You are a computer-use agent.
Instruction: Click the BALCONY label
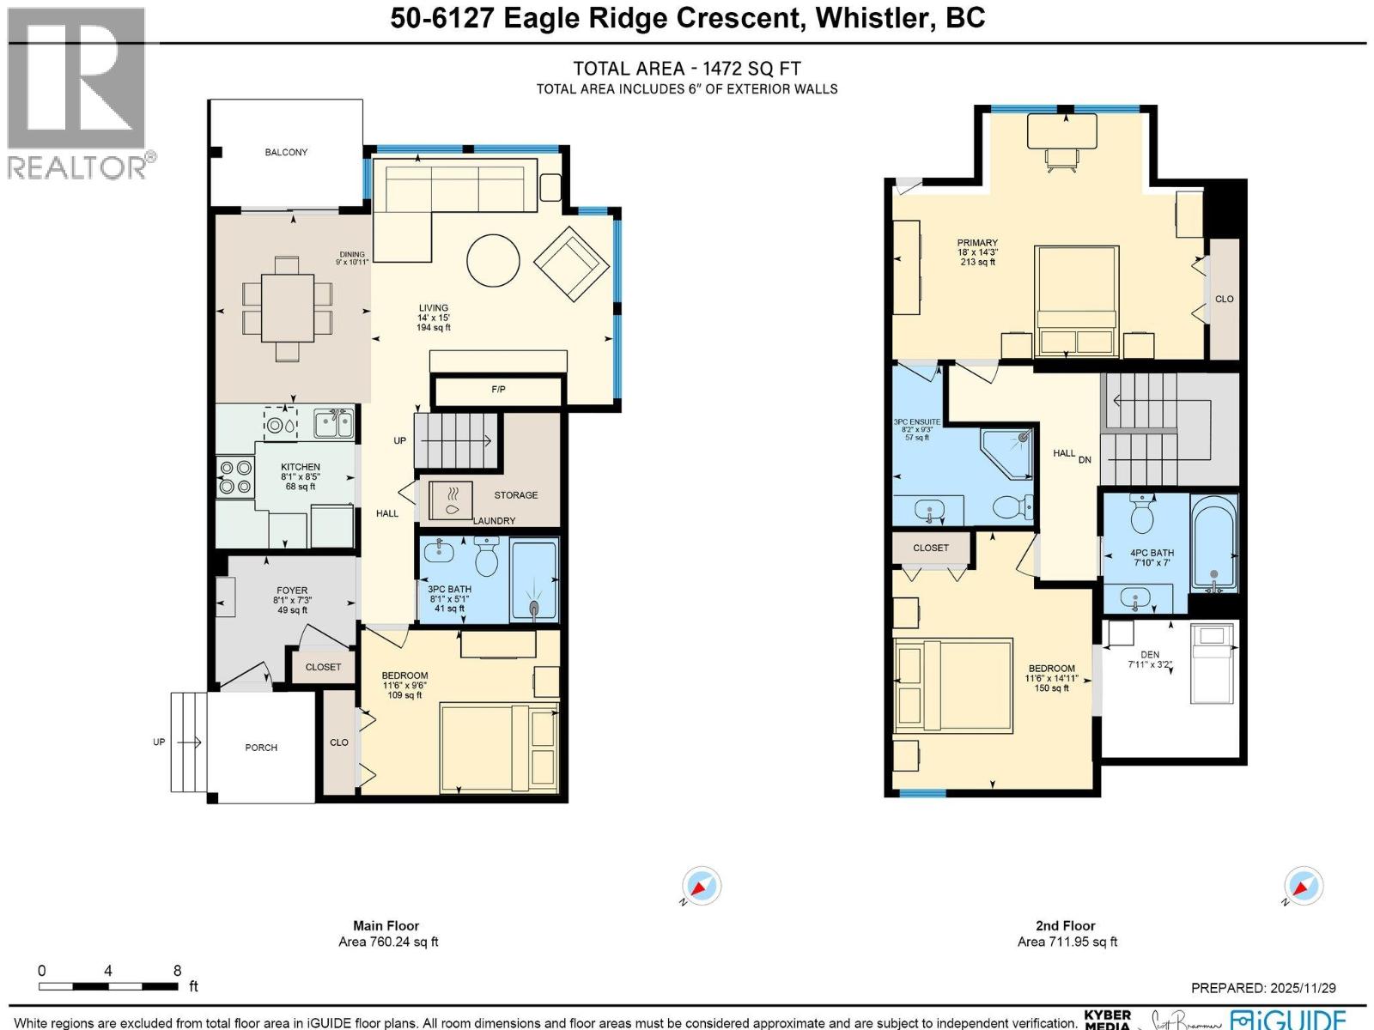(x=286, y=152)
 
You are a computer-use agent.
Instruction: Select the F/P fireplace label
(x=498, y=390)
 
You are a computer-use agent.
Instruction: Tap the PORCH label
(x=261, y=748)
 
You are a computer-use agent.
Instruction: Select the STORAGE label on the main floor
(x=516, y=495)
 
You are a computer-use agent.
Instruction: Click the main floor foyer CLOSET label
(x=323, y=667)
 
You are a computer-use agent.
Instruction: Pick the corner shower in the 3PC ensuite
(x=1010, y=451)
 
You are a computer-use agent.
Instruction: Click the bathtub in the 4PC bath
(x=1213, y=542)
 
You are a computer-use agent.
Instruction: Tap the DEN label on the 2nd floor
(x=1149, y=654)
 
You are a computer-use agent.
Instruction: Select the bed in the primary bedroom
(x=1077, y=300)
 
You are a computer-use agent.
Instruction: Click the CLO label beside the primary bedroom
(x=1224, y=300)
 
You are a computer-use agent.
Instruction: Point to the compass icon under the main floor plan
(x=702, y=886)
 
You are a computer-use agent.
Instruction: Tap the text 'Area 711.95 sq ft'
(x=1067, y=942)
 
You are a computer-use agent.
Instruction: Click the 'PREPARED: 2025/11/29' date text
(x=1262, y=988)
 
